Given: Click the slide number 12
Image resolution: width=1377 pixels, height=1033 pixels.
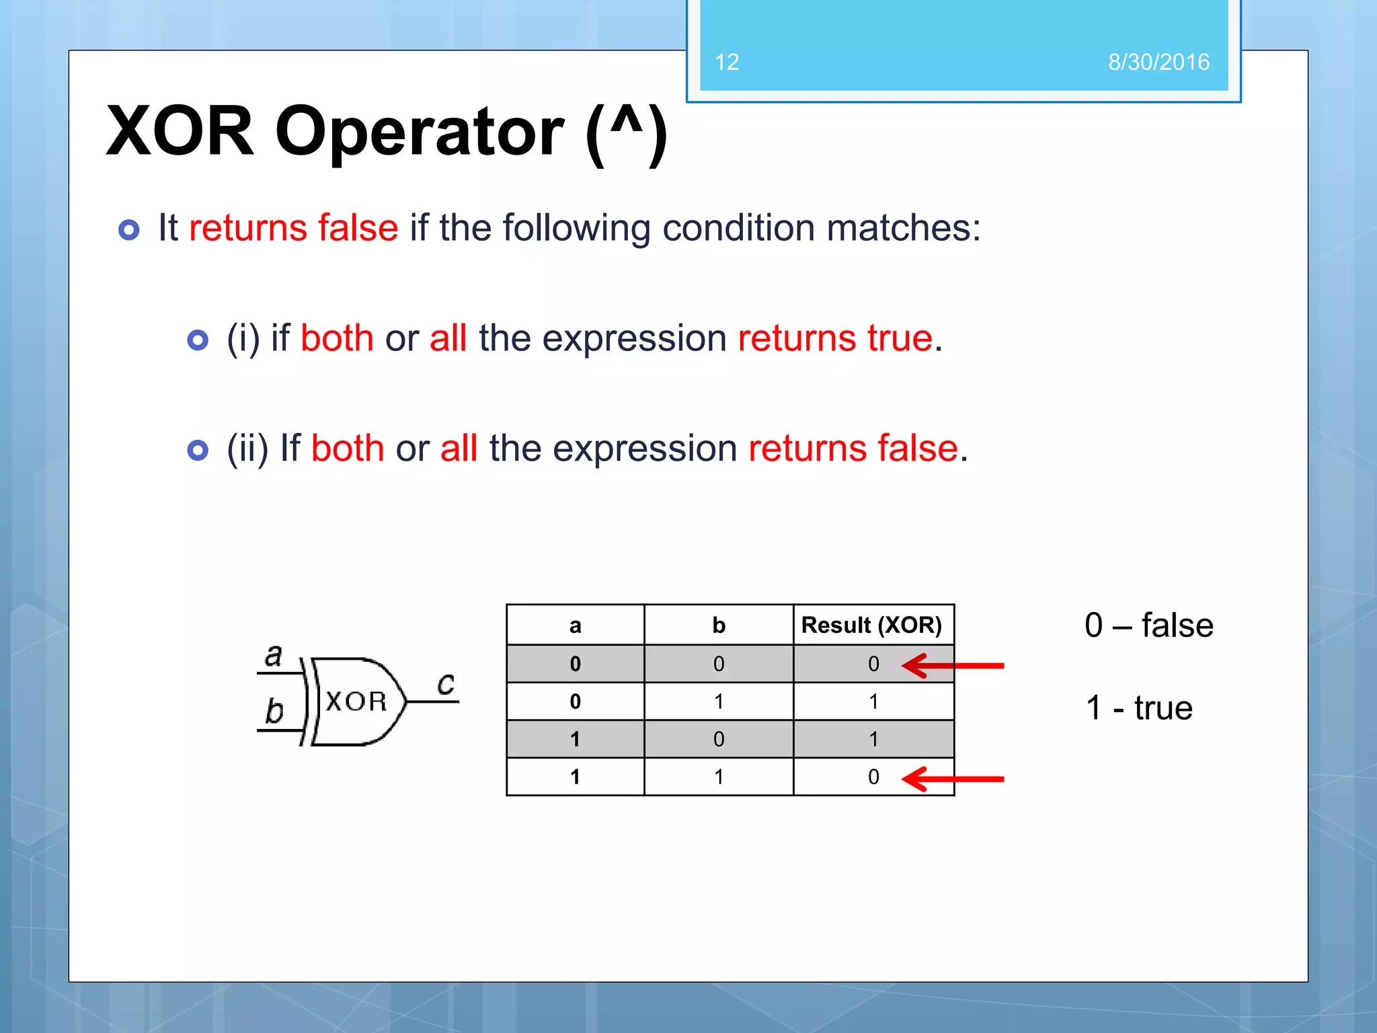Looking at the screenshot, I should point(727,63).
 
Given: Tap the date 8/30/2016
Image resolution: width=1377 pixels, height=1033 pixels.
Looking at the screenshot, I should point(1158,63).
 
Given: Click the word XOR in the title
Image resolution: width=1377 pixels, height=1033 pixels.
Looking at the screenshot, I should point(180,131).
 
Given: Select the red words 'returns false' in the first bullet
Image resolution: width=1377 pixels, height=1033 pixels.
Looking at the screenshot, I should point(293,227).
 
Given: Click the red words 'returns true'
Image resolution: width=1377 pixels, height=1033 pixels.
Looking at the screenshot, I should point(835,338).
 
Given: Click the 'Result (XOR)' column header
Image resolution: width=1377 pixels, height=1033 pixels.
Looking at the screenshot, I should point(871,625).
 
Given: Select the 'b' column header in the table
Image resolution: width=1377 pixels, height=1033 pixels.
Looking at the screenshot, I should point(719,625).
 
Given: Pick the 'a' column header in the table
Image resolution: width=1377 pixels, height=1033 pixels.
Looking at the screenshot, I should point(575,626).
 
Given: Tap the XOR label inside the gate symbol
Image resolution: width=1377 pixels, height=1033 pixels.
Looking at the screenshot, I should point(356,702).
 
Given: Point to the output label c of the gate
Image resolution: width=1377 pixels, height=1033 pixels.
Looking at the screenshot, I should point(446,684).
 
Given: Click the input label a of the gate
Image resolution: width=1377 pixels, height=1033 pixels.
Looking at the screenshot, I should point(273,655).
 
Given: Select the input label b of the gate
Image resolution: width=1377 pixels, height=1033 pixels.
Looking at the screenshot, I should point(274,711).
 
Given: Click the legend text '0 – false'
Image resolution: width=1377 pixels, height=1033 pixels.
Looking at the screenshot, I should point(1148,625).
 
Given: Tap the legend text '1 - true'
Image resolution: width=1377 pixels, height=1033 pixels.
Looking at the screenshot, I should point(1139,707).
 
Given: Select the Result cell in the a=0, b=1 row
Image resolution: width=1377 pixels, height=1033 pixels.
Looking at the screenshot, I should point(873,701).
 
